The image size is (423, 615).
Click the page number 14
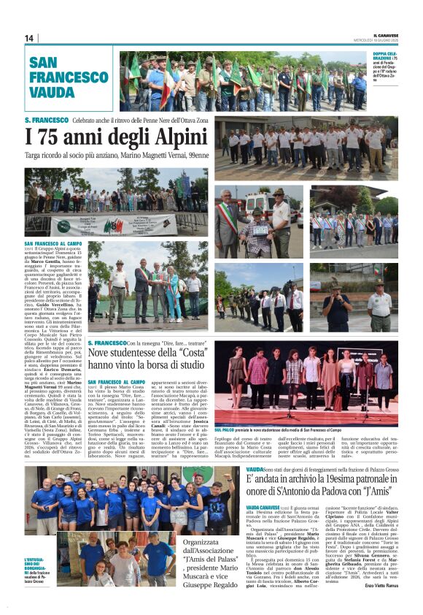(28, 38)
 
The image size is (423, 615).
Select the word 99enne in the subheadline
(195, 155)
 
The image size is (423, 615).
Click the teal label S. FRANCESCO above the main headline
(47, 120)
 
